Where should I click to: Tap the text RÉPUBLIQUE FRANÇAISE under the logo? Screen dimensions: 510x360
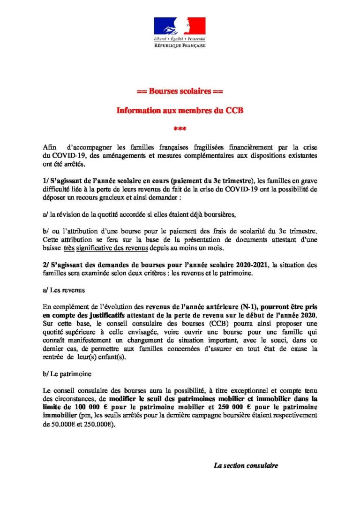[180, 45]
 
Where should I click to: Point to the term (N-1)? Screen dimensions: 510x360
[234, 307]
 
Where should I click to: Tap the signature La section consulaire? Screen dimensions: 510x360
[246, 465]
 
